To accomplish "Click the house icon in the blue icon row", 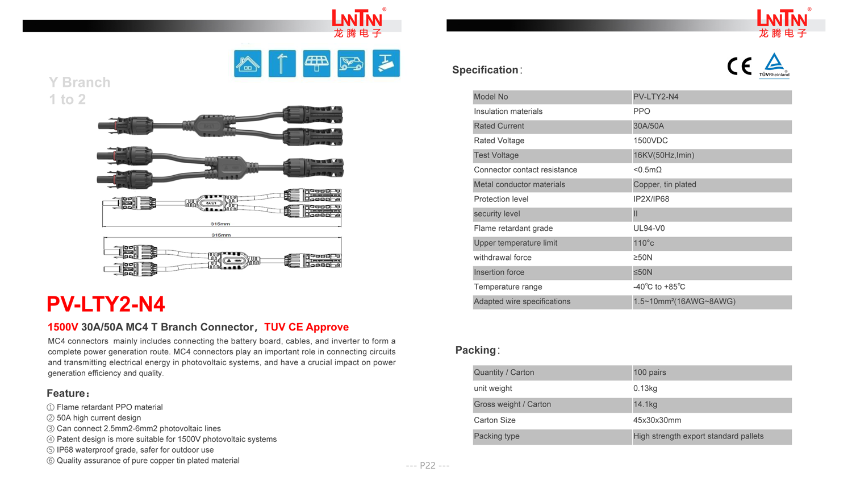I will [x=248, y=63].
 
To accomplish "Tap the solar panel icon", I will [x=316, y=63].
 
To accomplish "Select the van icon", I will [x=351, y=63].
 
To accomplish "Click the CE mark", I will [x=739, y=67].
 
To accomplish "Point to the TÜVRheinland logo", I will [x=774, y=66].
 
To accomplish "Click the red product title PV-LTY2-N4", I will [x=106, y=304].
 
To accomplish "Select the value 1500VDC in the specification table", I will [x=650, y=140].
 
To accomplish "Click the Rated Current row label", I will [x=499, y=126].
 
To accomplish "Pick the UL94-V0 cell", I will [x=649, y=228].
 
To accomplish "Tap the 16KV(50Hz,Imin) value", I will [x=663, y=155].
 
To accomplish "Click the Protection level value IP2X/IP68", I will [x=651, y=199].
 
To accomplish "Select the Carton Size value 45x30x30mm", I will [x=657, y=420].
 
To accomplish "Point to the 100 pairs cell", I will [x=649, y=373].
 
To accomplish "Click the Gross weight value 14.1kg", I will [x=645, y=404].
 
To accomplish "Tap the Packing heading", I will [x=477, y=350].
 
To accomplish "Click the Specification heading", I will [x=486, y=70].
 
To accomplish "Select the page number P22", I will [x=427, y=466].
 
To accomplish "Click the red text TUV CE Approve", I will [x=306, y=327].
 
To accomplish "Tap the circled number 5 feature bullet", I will [x=51, y=450].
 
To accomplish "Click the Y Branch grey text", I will [x=80, y=82].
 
